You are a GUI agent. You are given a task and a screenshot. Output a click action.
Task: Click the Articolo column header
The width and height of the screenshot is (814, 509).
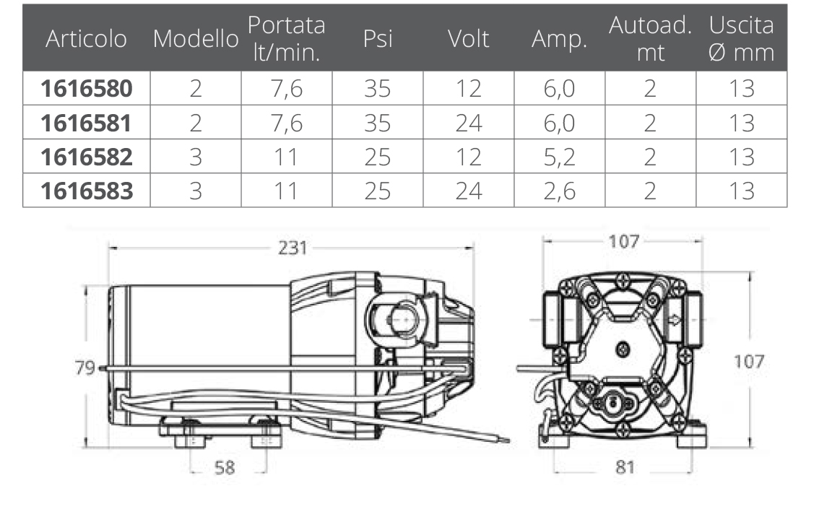pyautogui.click(x=86, y=39)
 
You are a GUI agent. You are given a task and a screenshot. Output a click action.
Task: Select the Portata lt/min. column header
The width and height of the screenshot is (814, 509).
pyautogui.click(x=287, y=39)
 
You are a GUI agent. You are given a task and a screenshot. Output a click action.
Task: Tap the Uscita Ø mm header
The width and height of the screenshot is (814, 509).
pyautogui.click(x=741, y=39)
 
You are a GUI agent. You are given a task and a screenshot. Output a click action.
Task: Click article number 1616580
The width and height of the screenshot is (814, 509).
pyautogui.click(x=87, y=88)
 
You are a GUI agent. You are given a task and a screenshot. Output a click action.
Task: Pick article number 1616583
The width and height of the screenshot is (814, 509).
pyautogui.click(x=87, y=191)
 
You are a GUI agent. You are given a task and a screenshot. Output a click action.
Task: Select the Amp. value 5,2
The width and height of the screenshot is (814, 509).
pyautogui.click(x=559, y=157)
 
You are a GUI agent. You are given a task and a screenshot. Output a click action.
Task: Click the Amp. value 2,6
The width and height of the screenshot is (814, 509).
pyautogui.click(x=559, y=191)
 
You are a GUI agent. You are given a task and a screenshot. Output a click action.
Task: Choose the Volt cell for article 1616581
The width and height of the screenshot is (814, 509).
pyautogui.click(x=469, y=123)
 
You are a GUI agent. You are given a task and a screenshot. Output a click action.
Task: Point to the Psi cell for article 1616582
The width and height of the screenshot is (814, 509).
pyautogui.click(x=378, y=157)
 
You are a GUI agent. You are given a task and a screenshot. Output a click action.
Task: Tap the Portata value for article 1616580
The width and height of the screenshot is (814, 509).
pyautogui.click(x=287, y=89)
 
